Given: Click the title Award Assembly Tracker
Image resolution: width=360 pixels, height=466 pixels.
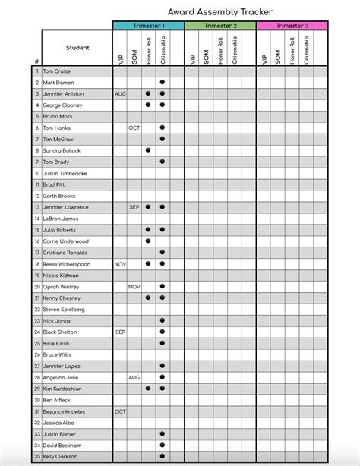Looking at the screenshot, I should (220, 11).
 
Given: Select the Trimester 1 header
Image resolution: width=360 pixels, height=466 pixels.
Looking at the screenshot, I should (148, 26).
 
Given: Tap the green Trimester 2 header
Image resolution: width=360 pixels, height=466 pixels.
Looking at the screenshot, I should (219, 26).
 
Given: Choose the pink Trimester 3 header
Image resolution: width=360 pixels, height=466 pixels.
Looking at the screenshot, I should (292, 26).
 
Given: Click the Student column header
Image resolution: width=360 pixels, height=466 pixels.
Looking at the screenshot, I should (77, 48).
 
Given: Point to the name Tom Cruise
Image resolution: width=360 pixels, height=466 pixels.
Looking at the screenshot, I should (58, 71).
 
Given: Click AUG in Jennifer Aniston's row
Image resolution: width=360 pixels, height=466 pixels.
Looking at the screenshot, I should (120, 93).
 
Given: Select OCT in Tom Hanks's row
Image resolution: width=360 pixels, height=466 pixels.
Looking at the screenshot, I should (134, 128).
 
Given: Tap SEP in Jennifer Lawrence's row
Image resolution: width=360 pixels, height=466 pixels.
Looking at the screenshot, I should (134, 207).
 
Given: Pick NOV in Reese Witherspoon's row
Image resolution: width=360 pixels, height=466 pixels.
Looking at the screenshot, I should (120, 264).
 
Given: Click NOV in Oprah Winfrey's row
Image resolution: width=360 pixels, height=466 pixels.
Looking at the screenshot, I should (134, 287).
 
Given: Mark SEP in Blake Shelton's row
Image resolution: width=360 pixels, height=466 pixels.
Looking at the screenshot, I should (120, 332).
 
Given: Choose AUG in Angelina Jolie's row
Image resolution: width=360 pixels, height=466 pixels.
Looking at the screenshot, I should (134, 377).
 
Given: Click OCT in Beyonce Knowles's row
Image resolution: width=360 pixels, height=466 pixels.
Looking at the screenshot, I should (120, 411).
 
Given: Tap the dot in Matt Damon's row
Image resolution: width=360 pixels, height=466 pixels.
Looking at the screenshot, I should (163, 82).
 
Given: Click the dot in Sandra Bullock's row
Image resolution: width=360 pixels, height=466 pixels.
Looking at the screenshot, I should (148, 150).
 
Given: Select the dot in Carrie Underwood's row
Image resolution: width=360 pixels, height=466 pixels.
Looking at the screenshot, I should (148, 241).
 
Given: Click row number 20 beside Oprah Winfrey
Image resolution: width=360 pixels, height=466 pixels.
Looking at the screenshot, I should (36, 287).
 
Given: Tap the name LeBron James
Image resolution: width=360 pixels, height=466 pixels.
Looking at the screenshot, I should (61, 219).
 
